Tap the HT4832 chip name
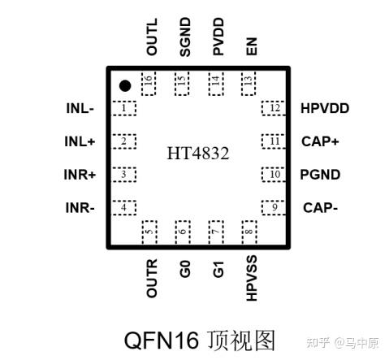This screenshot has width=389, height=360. (x=198, y=153)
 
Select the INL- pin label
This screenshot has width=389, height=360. (x=80, y=108)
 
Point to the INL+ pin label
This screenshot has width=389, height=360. (x=80, y=141)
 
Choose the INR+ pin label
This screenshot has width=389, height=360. (x=80, y=175)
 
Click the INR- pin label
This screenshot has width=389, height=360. (x=80, y=208)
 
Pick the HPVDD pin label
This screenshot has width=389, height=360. (x=324, y=108)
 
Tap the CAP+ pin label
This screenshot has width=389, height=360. (x=320, y=141)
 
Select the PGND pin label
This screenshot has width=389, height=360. (x=320, y=175)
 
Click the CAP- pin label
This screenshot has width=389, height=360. (x=320, y=208)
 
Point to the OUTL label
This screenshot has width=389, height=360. (x=152, y=37)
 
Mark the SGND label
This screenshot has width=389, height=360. (x=185, y=37)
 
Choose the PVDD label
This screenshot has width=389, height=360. (x=218, y=37)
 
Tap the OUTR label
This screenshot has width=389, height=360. (x=152, y=278)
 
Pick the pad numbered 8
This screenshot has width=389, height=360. (x=249, y=231)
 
